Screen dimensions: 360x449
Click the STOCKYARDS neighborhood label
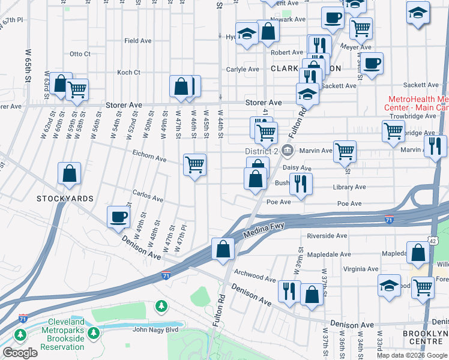65,198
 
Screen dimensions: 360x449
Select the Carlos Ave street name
148,198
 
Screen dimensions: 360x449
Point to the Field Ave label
137,41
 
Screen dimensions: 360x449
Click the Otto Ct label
80,54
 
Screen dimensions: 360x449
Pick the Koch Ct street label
128,73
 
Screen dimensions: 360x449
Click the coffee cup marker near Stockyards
118,217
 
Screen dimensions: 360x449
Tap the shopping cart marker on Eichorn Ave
194,164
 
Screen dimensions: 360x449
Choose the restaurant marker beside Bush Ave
301,183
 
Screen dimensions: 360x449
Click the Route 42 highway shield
433,240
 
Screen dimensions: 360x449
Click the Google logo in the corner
20,353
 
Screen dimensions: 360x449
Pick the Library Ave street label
349,187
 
